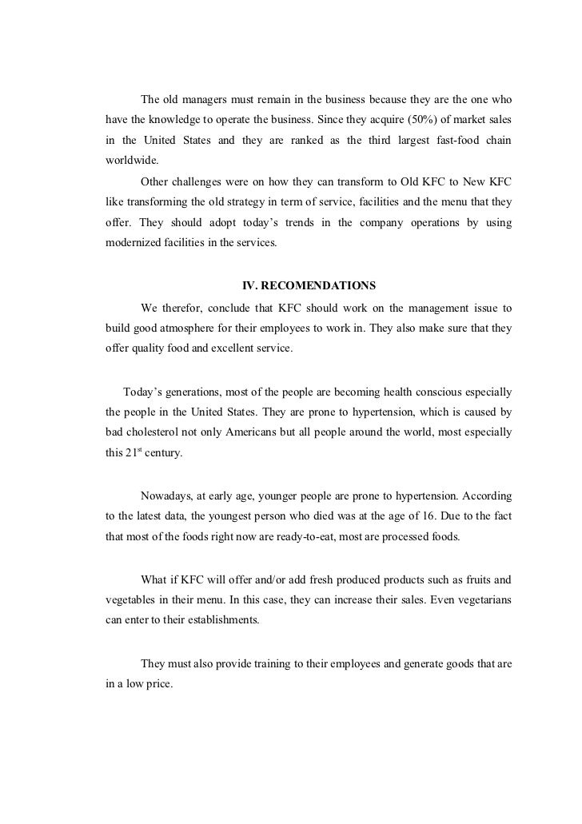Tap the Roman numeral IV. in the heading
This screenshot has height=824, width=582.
pyautogui.click(x=250, y=285)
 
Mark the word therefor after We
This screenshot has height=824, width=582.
pyautogui.click(x=186, y=307)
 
